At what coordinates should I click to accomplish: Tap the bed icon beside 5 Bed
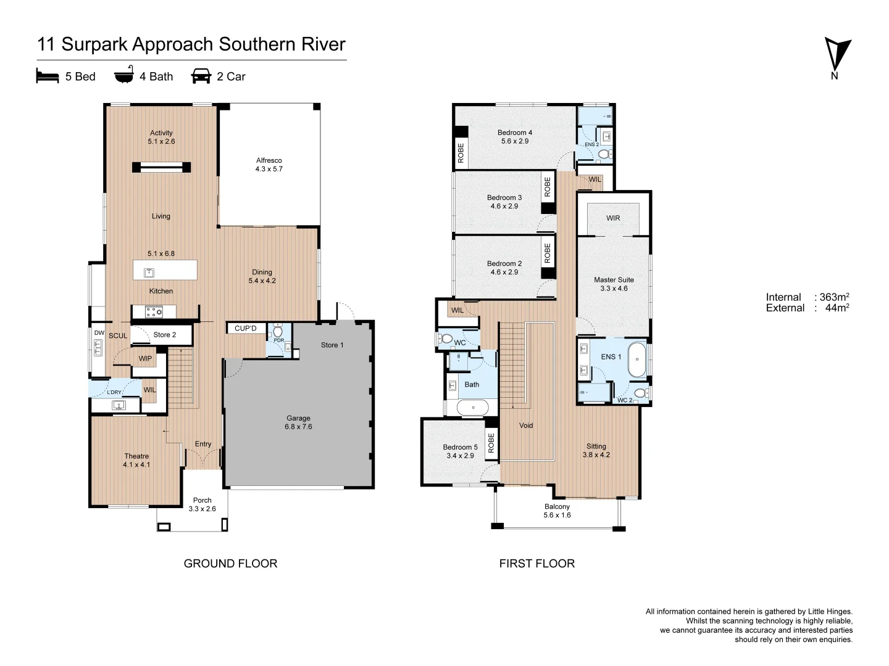pos(48,76)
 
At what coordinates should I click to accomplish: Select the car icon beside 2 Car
pos(201,76)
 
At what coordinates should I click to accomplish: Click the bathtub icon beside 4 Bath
pos(124,74)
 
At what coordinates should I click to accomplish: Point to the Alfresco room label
pos(269,165)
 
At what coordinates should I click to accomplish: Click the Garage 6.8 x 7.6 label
pos(298,422)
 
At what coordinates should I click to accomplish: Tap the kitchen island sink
pos(149,273)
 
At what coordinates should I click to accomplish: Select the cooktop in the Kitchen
pos(154,312)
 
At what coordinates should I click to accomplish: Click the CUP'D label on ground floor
pos(246,328)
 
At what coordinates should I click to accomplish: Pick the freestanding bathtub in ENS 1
pos(637,360)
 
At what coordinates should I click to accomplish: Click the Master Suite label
pos(614,284)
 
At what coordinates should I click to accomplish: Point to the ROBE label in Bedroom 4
pos(461,153)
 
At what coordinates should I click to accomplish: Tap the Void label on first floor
pos(526,425)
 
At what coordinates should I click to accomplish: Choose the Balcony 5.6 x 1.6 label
pos(557,511)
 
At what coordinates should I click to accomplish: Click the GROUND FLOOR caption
pos(230,563)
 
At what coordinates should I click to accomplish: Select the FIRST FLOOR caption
pos(537,563)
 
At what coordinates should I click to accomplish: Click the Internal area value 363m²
pos(834,297)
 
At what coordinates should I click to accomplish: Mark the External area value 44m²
pos(837,308)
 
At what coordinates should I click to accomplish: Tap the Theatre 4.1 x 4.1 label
pos(136,460)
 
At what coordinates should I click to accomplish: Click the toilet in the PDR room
pos(278,331)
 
